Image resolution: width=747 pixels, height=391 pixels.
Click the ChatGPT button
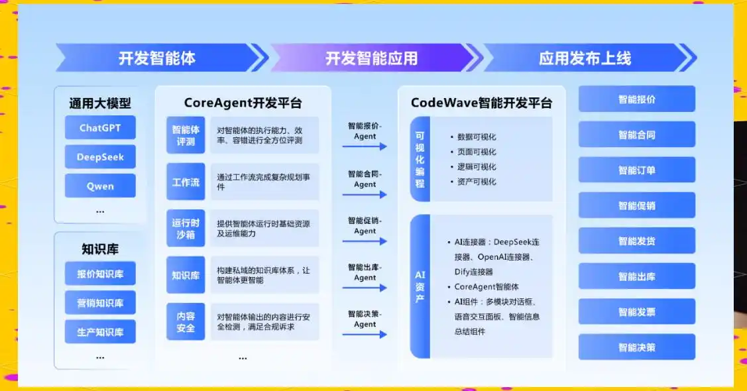(100, 127)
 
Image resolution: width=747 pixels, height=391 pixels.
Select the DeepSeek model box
(100, 157)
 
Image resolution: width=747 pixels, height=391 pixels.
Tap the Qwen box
(100, 186)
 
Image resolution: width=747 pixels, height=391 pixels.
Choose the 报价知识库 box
(100, 274)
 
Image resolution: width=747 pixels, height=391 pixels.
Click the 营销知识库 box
(100, 303)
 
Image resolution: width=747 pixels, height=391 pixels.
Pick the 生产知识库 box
(100, 331)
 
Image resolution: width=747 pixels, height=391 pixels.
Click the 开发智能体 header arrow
(158, 58)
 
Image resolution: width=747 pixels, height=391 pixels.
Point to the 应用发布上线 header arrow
(585, 58)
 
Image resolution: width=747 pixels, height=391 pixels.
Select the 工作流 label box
(186, 182)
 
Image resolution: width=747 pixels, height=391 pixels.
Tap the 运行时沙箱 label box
(186, 228)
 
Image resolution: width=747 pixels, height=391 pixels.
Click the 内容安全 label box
(186, 321)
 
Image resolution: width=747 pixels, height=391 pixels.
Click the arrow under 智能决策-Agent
(365, 335)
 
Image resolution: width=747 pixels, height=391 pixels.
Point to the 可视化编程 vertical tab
(420, 159)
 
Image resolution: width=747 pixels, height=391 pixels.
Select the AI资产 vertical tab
(420, 286)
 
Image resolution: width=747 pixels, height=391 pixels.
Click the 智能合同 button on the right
(637, 135)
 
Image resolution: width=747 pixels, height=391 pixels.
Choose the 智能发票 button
(637, 311)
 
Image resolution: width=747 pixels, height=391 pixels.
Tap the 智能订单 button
(637, 170)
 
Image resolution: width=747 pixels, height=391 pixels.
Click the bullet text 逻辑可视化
(476, 167)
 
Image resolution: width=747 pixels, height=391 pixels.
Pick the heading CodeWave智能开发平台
(481, 103)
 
